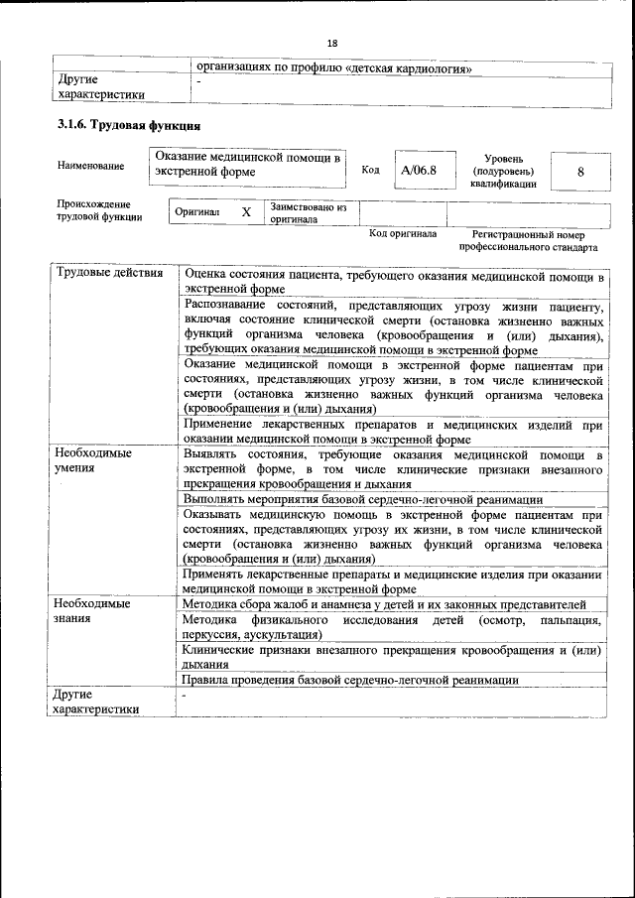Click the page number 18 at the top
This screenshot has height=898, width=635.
pos(332,43)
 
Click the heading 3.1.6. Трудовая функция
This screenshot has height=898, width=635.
pos(129,126)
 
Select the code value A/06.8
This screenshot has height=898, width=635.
pos(419,170)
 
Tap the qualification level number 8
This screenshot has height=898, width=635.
pos(580,171)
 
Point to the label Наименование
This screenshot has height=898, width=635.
pos(90,165)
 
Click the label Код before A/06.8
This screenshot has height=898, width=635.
pos(370,170)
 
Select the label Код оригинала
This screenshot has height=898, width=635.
pos(403,234)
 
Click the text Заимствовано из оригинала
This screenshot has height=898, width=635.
pos(308,213)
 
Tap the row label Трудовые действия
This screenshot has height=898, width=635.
pos(109,273)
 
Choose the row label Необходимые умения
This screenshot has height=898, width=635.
pos(94,460)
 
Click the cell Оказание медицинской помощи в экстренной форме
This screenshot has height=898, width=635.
pos(248,165)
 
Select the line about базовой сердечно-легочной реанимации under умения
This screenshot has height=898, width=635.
pos(363,499)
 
